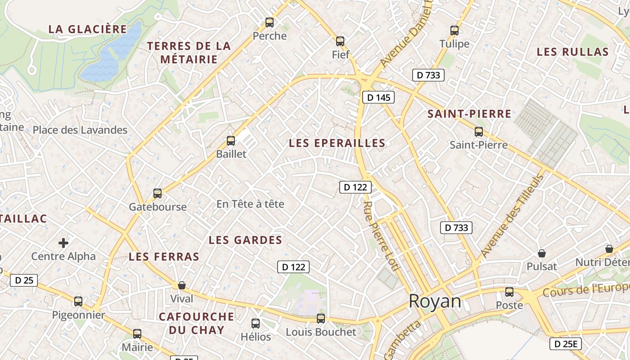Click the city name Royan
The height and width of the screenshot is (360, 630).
point(435,301)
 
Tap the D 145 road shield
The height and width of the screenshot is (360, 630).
point(378,97)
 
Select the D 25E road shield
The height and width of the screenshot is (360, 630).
point(565,344)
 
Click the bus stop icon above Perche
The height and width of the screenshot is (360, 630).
point(270,22)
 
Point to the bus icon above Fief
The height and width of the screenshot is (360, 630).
point(340,41)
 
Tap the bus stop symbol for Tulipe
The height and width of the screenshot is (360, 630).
point(454,31)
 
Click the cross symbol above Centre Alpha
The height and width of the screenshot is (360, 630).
point(63,243)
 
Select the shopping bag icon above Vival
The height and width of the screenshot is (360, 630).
point(182,285)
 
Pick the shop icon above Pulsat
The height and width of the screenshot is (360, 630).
point(542,253)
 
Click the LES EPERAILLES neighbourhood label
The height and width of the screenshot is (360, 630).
point(337,143)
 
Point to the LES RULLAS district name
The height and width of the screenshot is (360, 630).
point(572,52)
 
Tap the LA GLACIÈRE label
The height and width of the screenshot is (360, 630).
point(87,29)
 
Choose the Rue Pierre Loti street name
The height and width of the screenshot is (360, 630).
point(381,236)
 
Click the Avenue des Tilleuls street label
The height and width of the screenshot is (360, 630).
point(513,216)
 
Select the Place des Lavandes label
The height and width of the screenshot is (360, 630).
point(80,130)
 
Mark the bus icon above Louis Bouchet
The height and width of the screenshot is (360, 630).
point(321,319)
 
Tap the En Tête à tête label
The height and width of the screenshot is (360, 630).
point(250,204)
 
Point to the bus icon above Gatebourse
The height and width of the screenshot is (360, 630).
point(157,193)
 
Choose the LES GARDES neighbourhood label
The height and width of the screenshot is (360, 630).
point(245,240)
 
